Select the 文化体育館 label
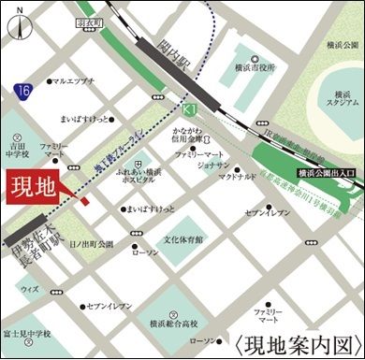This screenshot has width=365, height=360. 184,239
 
